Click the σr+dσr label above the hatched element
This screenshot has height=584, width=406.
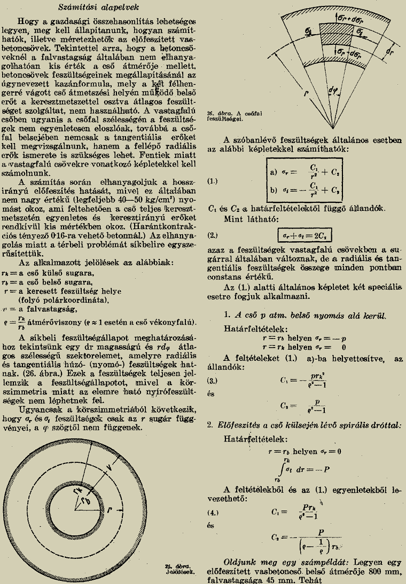point(350,18)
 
